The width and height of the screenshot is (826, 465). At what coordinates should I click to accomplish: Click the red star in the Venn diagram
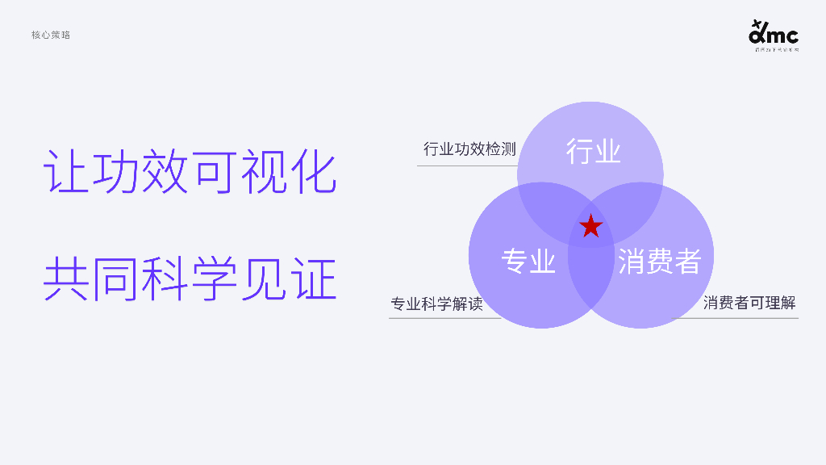pyautogui.click(x=591, y=227)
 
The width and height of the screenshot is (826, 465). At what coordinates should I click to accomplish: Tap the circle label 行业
pyautogui.click(x=593, y=152)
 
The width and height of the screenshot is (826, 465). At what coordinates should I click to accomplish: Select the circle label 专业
pyautogui.click(x=528, y=262)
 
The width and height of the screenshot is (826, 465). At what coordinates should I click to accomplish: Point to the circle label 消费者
pyautogui.click(x=659, y=262)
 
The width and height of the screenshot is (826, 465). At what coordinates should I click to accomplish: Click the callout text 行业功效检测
pyautogui.click(x=469, y=149)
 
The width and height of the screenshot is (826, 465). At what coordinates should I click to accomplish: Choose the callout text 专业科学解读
pyautogui.click(x=436, y=304)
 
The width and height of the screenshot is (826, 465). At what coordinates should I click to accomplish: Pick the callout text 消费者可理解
pyautogui.click(x=749, y=304)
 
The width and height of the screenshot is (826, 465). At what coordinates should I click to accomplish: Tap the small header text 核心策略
pyautogui.click(x=51, y=35)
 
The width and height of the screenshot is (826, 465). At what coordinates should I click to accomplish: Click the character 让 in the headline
pyautogui.click(x=66, y=171)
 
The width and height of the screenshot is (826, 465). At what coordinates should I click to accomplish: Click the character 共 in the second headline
pyautogui.click(x=66, y=279)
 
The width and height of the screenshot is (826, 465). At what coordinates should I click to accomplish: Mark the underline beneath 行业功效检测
pyautogui.click(x=466, y=165)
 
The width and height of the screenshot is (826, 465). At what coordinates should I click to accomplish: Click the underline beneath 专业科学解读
pyautogui.click(x=444, y=318)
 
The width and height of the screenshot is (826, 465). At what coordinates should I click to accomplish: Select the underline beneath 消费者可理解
pyautogui.click(x=736, y=318)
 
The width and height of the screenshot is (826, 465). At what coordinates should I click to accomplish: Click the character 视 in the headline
pyautogui.click(x=264, y=171)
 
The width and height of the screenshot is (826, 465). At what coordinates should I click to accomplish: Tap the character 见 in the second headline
pyautogui.click(x=264, y=279)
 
